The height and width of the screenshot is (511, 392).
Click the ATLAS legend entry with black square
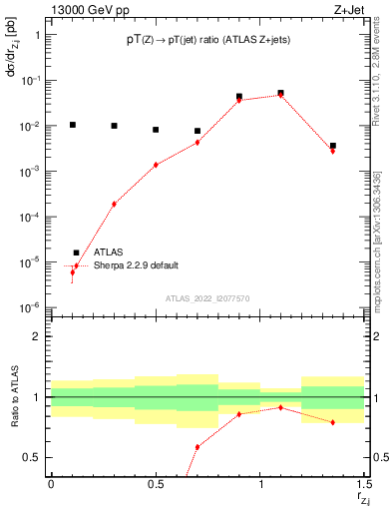[108, 253]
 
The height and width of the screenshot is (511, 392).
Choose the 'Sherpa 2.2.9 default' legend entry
[136, 265]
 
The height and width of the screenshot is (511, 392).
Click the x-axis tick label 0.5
[155, 484]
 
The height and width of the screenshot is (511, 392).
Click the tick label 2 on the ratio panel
[38, 337]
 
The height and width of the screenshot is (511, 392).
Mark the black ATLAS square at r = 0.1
[72, 125]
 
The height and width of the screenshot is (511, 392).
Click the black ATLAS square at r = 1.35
[333, 146]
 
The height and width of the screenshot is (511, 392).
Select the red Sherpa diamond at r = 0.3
[114, 204]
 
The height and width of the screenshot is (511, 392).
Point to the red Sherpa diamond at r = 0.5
[156, 165]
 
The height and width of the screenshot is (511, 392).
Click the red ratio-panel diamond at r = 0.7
[197, 447]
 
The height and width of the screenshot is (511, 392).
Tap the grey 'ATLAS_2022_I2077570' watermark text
[208, 298]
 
